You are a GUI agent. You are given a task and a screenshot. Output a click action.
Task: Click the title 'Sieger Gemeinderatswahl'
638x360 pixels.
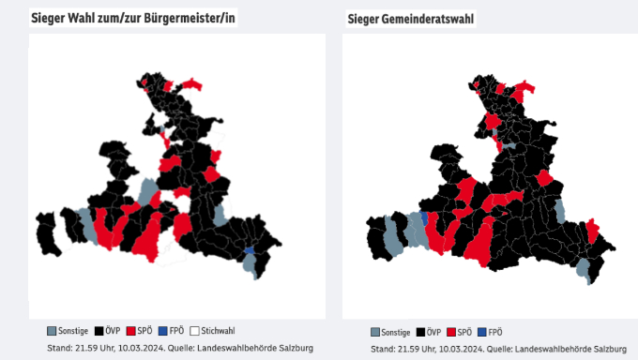pos(409,19)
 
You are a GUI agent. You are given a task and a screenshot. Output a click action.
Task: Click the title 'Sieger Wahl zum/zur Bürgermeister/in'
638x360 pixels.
pos(132,19)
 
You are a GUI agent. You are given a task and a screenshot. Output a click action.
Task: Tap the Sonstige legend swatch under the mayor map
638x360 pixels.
pos(53,331)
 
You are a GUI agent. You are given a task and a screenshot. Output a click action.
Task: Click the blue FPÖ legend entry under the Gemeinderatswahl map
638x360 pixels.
pos(489,332)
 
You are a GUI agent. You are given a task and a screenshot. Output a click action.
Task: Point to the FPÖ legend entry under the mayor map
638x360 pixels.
pos(170,331)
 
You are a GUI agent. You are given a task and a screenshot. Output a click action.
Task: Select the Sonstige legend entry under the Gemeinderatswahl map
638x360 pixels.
pos(389,332)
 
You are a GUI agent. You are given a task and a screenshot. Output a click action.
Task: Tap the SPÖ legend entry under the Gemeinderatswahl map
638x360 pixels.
pos(458,332)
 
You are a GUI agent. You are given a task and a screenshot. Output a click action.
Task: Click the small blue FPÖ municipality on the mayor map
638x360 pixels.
pos(249,250)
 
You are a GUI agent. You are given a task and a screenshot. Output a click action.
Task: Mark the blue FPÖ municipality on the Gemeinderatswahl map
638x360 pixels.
pos(425,217)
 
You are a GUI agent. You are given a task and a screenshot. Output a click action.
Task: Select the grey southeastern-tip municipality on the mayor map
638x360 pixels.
pos(251,264)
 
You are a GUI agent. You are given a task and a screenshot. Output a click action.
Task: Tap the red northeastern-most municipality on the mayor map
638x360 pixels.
pos(193,84)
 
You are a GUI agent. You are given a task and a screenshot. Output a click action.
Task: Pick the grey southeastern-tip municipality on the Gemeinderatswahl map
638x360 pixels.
pos(584,271)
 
